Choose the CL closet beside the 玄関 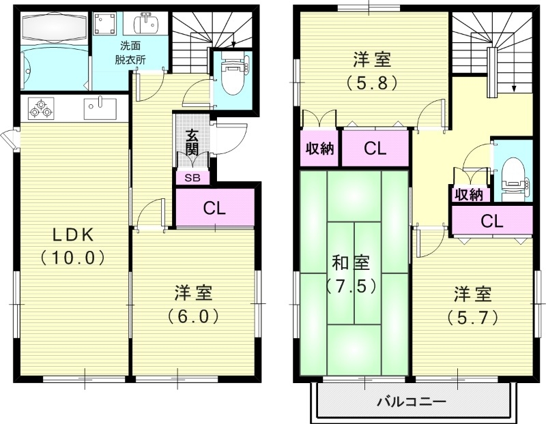coord(215,209)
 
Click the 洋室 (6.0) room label coord(193,304)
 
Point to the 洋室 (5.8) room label coord(372,70)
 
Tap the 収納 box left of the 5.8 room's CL coord(319,149)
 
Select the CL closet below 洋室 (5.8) coord(375,149)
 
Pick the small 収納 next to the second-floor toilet coord(469,194)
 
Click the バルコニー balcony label coord(412,401)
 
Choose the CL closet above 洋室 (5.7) coord(491,220)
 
